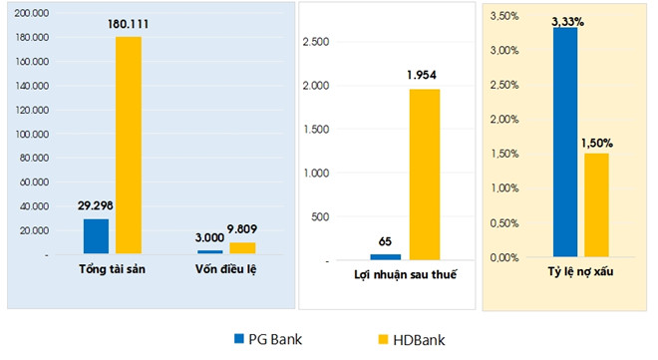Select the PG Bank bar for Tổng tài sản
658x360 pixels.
point(96,236)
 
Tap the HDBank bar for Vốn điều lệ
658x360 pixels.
point(242,248)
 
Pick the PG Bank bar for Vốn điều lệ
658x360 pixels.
point(210,252)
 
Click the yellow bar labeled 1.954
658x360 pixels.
point(423,175)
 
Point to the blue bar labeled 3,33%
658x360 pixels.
point(565,142)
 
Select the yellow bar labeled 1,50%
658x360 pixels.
point(596,204)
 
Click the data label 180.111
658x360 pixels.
point(130,25)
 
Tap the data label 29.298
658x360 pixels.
point(96,207)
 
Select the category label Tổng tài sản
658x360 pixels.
point(113,271)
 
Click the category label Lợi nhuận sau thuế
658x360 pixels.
point(405,274)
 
